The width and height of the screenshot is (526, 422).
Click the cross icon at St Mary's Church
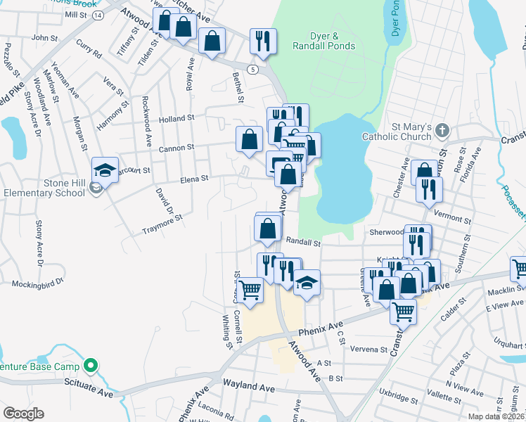click(x=442, y=130)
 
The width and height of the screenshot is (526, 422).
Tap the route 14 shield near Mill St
click(x=97, y=15)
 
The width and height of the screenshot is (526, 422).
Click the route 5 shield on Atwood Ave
click(x=252, y=70)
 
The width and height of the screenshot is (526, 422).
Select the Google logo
click(x=23, y=413)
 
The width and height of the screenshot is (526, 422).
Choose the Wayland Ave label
click(x=248, y=387)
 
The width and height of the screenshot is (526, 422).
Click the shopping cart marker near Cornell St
click(x=250, y=288)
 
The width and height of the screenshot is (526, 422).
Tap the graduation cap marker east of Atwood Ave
click(x=306, y=283)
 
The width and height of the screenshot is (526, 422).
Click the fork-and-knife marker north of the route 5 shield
click(x=263, y=41)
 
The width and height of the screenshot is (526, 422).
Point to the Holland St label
click(x=176, y=119)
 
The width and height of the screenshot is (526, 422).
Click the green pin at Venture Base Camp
click(x=90, y=366)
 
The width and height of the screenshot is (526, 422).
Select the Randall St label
click(x=307, y=243)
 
